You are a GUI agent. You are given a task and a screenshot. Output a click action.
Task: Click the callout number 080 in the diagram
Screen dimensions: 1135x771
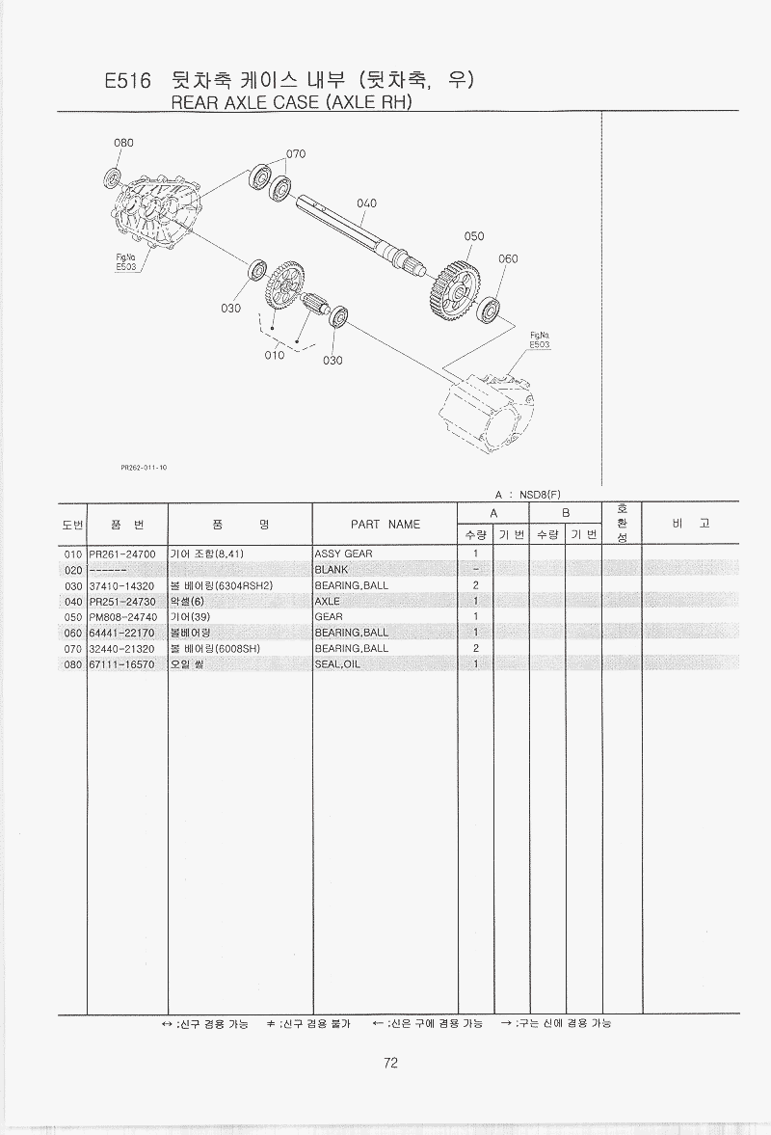coord(123,143)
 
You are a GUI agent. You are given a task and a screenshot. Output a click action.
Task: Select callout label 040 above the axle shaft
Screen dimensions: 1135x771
coord(365,203)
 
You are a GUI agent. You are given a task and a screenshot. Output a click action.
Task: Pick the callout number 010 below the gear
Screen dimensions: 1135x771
coord(275,355)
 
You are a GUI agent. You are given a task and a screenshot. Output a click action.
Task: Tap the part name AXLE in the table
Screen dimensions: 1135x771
coord(328,602)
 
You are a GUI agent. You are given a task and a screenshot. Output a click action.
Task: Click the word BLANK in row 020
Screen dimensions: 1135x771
coord(331,570)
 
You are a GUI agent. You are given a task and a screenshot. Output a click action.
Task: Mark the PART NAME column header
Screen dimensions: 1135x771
coord(385,525)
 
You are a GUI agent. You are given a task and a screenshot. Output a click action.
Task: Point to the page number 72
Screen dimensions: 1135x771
coord(390,1064)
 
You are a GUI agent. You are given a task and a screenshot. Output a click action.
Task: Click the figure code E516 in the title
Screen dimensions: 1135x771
coord(128,82)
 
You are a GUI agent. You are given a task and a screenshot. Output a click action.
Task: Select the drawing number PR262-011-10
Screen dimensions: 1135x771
coord(145,468)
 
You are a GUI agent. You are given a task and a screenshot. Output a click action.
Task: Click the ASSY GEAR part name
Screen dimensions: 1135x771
coord(343,554)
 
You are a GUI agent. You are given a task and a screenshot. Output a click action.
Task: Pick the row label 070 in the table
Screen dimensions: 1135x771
coord(73,649)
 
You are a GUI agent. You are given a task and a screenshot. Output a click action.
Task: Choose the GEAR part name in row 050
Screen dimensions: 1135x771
coord(329,617)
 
